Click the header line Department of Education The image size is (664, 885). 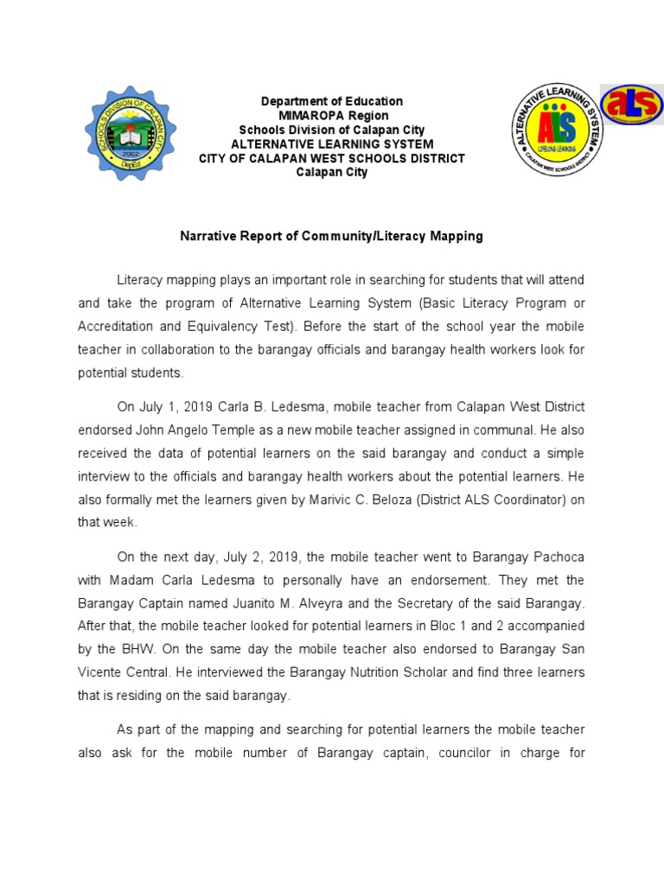pos(332,102)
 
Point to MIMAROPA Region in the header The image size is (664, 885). pos(332,116)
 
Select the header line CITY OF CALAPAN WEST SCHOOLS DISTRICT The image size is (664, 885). pos(332,158)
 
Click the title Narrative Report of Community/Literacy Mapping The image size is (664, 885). pos(331,235)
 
